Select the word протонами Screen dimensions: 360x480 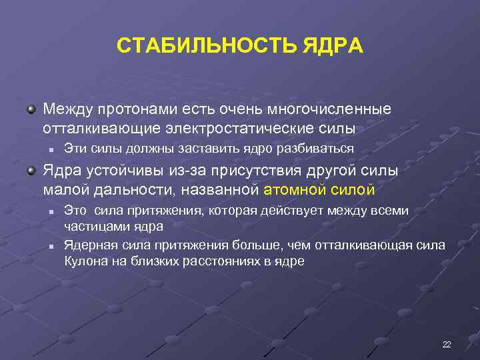(x=138, y=108)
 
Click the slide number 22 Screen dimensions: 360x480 (x=447, y=344)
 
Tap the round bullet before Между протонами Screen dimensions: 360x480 (x=31, y=107)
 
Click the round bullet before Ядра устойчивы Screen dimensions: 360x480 (x=31, y=171)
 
